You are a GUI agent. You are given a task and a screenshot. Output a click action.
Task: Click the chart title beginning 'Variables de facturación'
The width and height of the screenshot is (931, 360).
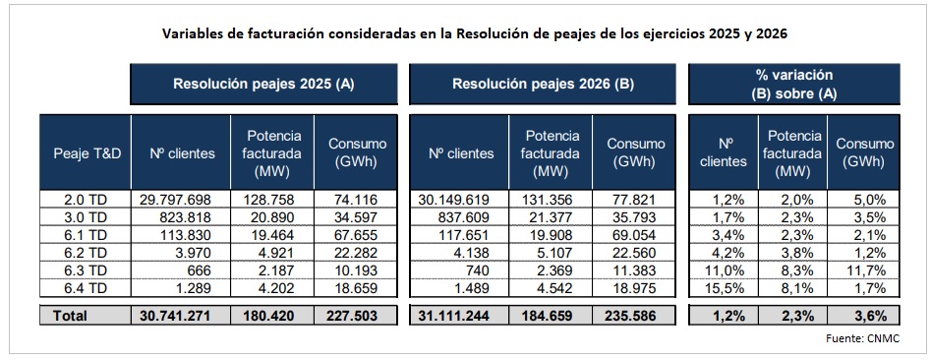pos(475,33)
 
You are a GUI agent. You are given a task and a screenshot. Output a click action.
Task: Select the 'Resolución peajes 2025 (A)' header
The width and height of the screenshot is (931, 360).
pos(263,85)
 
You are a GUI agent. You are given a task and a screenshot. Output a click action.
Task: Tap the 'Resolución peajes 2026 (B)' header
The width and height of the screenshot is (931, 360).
pos(543,85)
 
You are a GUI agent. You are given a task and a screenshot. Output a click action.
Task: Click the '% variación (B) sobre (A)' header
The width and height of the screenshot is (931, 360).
pos(792,84)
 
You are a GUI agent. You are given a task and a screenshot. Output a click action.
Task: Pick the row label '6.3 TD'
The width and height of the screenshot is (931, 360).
pos(65,270)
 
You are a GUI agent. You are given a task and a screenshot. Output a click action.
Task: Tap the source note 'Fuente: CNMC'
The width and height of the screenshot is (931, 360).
pos(861,338)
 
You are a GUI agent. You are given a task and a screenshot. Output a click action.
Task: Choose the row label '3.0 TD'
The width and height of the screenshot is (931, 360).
pos(65,216)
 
